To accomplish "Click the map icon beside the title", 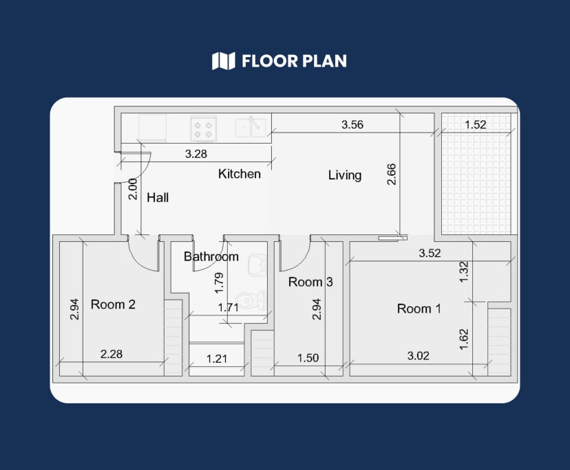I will pos(223,61).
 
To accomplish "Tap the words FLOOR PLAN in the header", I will pos(294,61).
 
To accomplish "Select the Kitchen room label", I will pos(240,174).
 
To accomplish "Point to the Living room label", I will pos(344,175).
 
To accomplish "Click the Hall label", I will pos(158,198).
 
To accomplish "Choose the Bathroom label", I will pos(211,257).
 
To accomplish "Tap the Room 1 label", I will pos(419,309).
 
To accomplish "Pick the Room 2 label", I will pos(113,304).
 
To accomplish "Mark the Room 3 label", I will pos(310,282).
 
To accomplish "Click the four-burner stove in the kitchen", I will pos(204,127).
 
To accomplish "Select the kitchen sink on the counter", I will pos(250,127).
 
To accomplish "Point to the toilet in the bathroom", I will pos(251,300).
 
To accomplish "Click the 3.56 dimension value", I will pos(352,124).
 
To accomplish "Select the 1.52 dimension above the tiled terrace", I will pos(476,124).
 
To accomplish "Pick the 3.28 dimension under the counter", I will pos(196,154).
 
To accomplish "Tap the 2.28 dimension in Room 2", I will pos(112,355).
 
